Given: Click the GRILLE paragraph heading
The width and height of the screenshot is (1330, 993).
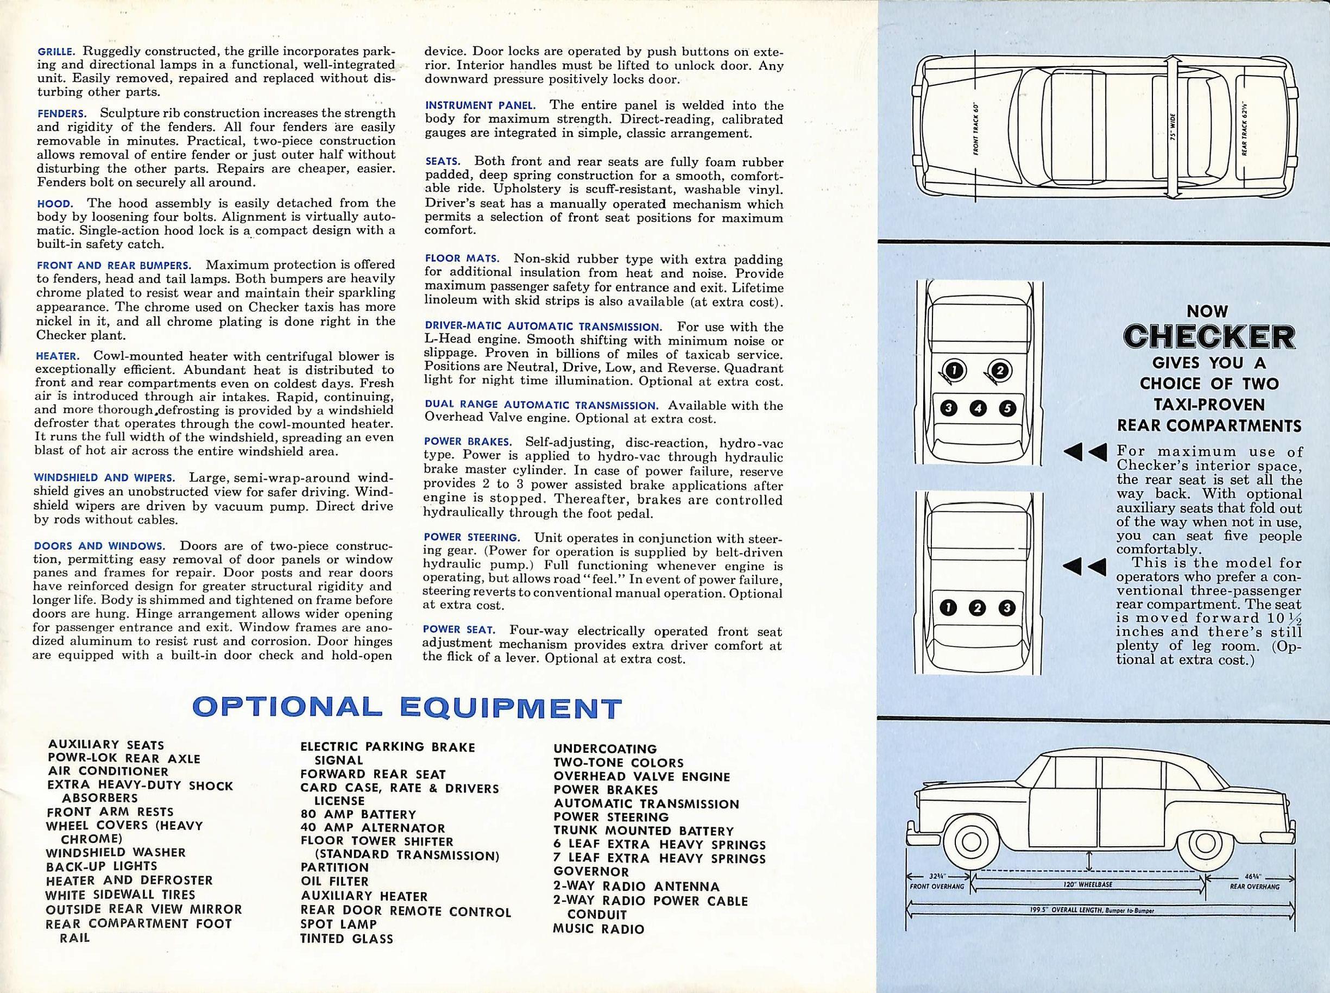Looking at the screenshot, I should (56, 52).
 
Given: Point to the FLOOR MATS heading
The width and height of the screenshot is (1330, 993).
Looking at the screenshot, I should (462, 259).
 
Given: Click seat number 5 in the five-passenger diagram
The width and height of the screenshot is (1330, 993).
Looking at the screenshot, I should (1007, 408).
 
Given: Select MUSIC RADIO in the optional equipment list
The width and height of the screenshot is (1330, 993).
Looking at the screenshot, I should (598, 929).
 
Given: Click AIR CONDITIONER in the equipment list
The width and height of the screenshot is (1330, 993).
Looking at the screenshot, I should (108, 771).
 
